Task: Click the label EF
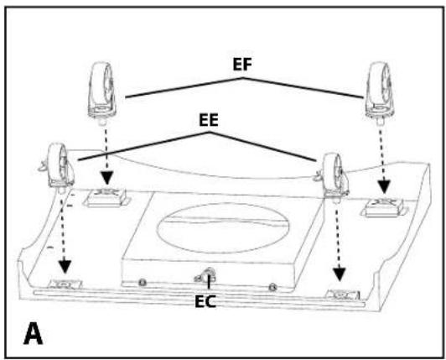[242, 65]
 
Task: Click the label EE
[209, 120]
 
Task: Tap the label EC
[205, 301]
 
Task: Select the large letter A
[33, 333]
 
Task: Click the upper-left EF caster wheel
[101, 92]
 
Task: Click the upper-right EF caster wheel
[379, 92]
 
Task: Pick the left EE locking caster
[59, 168]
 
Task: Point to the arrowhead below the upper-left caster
[107, 179]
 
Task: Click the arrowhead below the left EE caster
[65, 267]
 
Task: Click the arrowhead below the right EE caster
[340, 274]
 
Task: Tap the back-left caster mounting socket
[106, 198]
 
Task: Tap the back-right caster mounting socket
[384, 208]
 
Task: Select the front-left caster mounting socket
[65, 284]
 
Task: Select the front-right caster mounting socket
[342, 295]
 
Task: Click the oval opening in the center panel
[223, 228]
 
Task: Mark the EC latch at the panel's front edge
[205, 276]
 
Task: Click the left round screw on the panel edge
[142, 283]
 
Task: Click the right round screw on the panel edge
[272, 286]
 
